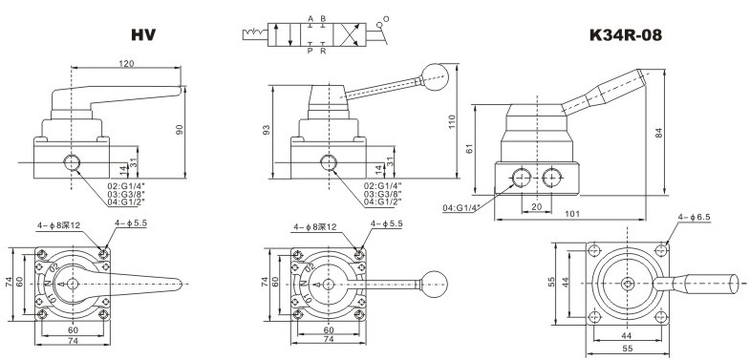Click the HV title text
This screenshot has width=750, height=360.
[143, 35]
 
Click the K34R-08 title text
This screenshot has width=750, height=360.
[626, 35]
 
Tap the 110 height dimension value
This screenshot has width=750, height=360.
[453, 123]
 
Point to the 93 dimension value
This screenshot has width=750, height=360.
[267, 130]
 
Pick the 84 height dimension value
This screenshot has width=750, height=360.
[659, 133]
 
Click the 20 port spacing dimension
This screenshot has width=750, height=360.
[535, 205]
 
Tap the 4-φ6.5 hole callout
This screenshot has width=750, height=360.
[694, 217]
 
